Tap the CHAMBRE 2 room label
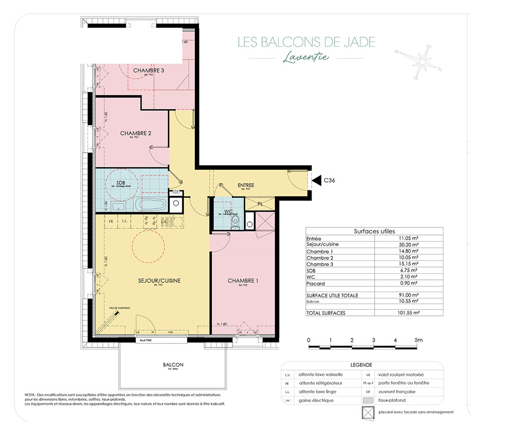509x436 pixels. pyautogui.click(x=136, y=133)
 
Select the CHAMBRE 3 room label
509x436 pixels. pyautogui.click(x=148, y=70)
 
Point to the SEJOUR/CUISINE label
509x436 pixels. pyautogui.click(x=159, y=280)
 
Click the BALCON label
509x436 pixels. pyautogui.click(x=173, y=365)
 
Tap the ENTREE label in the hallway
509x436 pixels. pyautogui.click(x=246, y=185)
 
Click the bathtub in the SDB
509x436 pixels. pyautogui.click(x=151, y=206)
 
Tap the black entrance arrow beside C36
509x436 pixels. pyautogui.click(x=315, y=180)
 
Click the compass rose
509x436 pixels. pyautogui.click(x=422, y=60)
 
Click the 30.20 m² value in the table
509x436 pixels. pyautogui.click(x=409, y=244)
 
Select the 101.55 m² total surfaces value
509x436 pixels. pyautogui.click(x=408, y=313)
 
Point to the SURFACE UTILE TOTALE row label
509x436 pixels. pyautogui.click(x=332, y=295)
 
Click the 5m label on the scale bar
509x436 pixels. pyautogui.click(x=418, y=339)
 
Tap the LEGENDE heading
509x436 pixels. pyautogui.click(x=361, y=365)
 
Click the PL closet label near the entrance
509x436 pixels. pyautogui.click(x=260, y=204)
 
